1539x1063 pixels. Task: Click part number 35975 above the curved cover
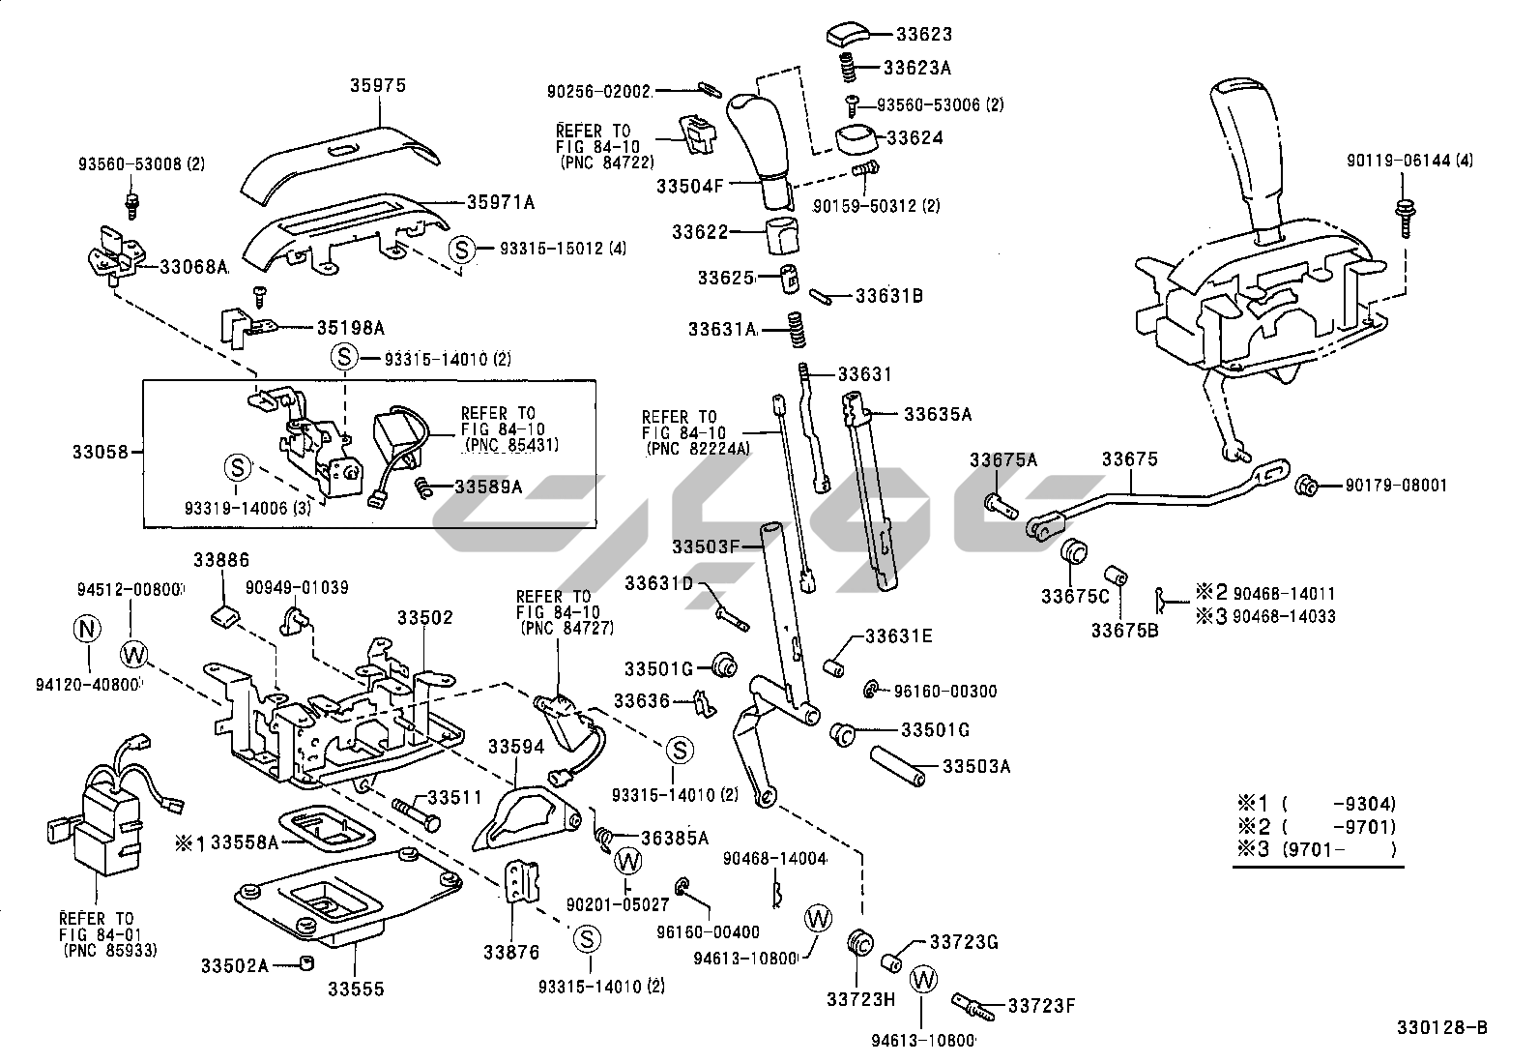click(x=377, y=86)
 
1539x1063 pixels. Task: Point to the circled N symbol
click(x=87, y=630)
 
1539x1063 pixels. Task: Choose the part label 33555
click(x=355, y=989)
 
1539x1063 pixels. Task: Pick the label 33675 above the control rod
click(x=1129, y=459)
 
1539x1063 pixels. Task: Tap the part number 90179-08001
click(x=1396, y=485)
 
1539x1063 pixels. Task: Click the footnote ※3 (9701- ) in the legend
click(x=1316, y=850)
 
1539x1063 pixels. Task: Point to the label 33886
click(x=220, y=560)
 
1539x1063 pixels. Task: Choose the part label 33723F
click(x=1041, y=1006)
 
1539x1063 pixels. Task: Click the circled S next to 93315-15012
click(x=462, y=250)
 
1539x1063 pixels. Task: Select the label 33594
click(x=515, y=747)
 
